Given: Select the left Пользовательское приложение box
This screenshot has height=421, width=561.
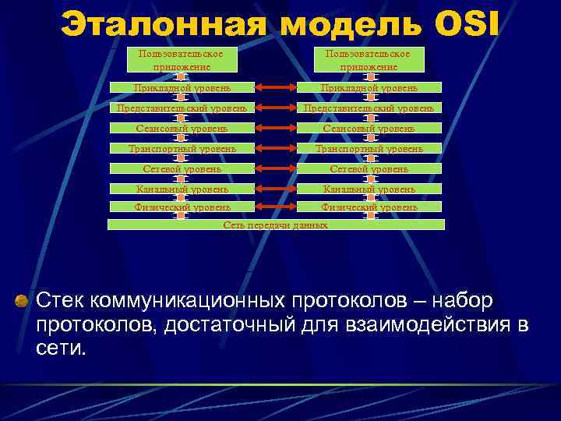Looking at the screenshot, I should (x=181, y=61).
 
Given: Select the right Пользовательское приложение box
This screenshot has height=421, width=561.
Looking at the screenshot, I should (x=368, y=61).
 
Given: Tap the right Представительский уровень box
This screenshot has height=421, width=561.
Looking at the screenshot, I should (x=369, y=108).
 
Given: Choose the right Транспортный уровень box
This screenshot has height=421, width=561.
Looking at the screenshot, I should (x=369, y=147).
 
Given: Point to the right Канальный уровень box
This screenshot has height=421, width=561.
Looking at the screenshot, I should (x=369, y=188).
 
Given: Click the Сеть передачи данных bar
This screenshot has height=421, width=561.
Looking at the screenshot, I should (x=276, y=225).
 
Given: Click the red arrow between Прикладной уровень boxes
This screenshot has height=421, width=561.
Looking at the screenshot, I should (x=275, y=88).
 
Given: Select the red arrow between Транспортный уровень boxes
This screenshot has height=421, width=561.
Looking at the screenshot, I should (x=275, y=147).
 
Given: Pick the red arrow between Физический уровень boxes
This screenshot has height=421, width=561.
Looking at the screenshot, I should (x=275, y=207).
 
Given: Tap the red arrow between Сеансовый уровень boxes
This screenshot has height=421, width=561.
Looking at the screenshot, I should (x=275, y=127).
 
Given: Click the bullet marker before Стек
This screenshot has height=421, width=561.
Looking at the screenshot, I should (x=22, y=301).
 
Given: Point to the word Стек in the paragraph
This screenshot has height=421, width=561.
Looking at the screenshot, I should (x=62, y=301).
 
